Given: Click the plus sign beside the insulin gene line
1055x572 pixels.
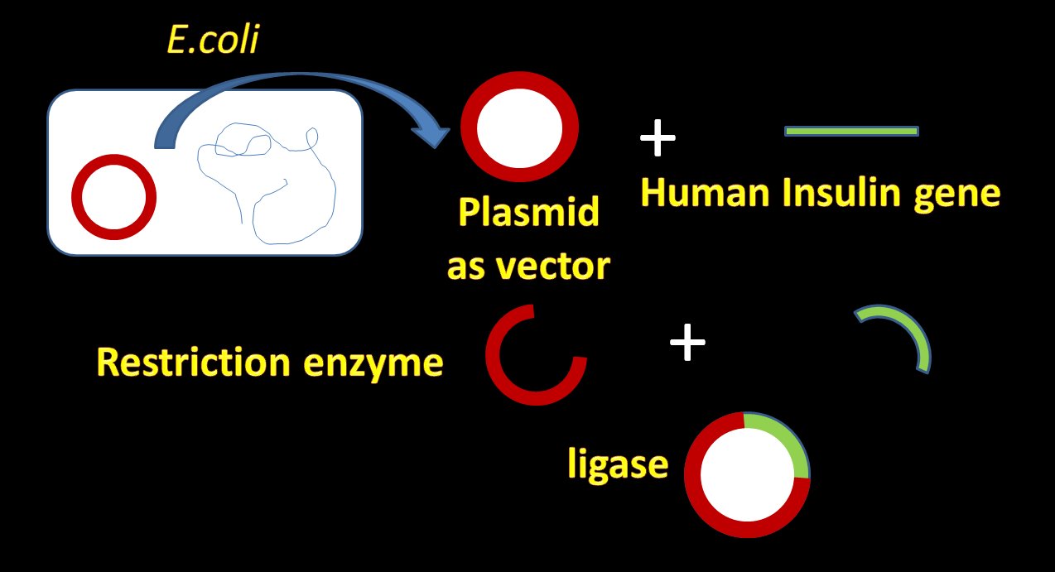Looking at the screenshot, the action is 658,137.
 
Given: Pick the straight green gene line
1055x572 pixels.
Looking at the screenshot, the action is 851,131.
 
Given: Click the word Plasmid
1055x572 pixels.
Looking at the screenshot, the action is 528,213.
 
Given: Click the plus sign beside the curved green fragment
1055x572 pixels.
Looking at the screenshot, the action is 687,342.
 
